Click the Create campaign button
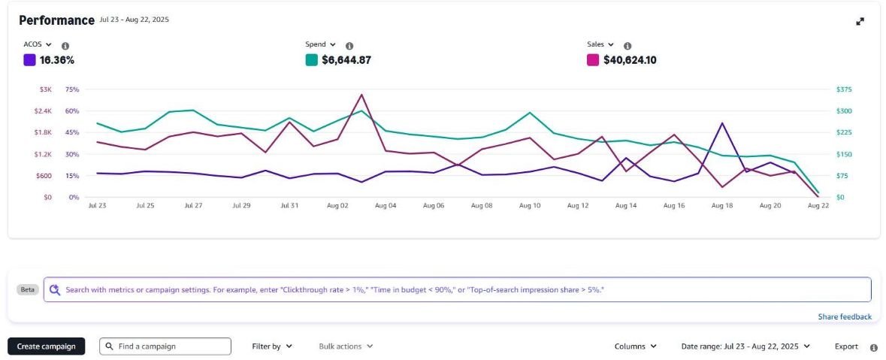pos(47,346)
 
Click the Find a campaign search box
pos(165,346)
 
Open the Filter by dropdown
pos(272,346)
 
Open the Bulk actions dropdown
pos(346,346)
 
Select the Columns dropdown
pos(635,346)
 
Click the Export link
pos(846,346)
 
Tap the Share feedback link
pos(845,316)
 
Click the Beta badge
pos(28,289)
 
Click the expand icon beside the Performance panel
pos(860,22)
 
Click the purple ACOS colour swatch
pos(29,60)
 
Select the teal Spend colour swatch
pos(311,60)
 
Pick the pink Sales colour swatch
pos(593,60)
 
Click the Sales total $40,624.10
pos(630,60)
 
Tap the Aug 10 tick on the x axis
pos(530,205)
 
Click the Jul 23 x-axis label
pos(97,205)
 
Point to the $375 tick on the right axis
pos(845,89)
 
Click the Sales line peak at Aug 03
pos(361,95)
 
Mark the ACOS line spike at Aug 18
pos(722,123)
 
